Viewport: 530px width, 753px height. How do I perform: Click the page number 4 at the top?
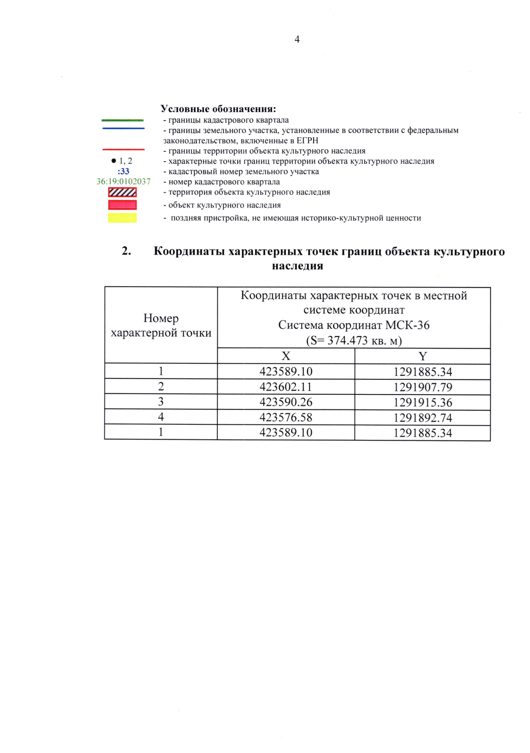297,40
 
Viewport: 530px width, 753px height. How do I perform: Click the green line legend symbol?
122,120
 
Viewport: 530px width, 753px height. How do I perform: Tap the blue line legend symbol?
123,129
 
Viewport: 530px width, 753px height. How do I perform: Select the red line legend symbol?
123,150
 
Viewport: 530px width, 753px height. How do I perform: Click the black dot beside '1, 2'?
114,161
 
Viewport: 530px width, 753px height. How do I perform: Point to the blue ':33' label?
123,171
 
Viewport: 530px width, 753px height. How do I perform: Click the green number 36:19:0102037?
123,182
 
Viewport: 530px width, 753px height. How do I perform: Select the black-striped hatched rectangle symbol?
122,192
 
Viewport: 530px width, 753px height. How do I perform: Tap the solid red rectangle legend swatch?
122,205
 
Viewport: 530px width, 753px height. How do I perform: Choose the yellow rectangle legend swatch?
122,218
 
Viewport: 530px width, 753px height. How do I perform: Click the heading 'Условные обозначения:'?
218,109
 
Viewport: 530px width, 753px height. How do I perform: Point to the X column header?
286,356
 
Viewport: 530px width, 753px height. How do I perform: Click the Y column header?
422,356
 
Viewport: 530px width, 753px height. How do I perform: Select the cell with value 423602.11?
286,387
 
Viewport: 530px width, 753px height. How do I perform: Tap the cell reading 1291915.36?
422,402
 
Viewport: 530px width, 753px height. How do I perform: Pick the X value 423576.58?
286,417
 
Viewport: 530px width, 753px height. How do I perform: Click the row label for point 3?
161,402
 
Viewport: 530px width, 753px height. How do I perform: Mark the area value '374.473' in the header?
347,341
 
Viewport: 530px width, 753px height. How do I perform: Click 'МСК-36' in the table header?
407,325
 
